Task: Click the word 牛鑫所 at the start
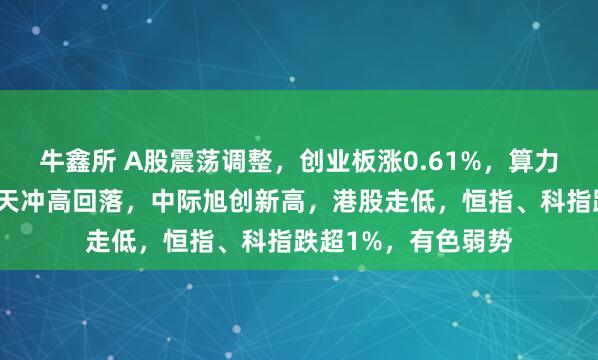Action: tap(74, 160)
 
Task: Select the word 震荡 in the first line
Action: tap(174, 160)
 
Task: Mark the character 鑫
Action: tap(74, 160)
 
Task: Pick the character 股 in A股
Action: tap(139, 160)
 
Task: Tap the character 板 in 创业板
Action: tap(330, 160)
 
